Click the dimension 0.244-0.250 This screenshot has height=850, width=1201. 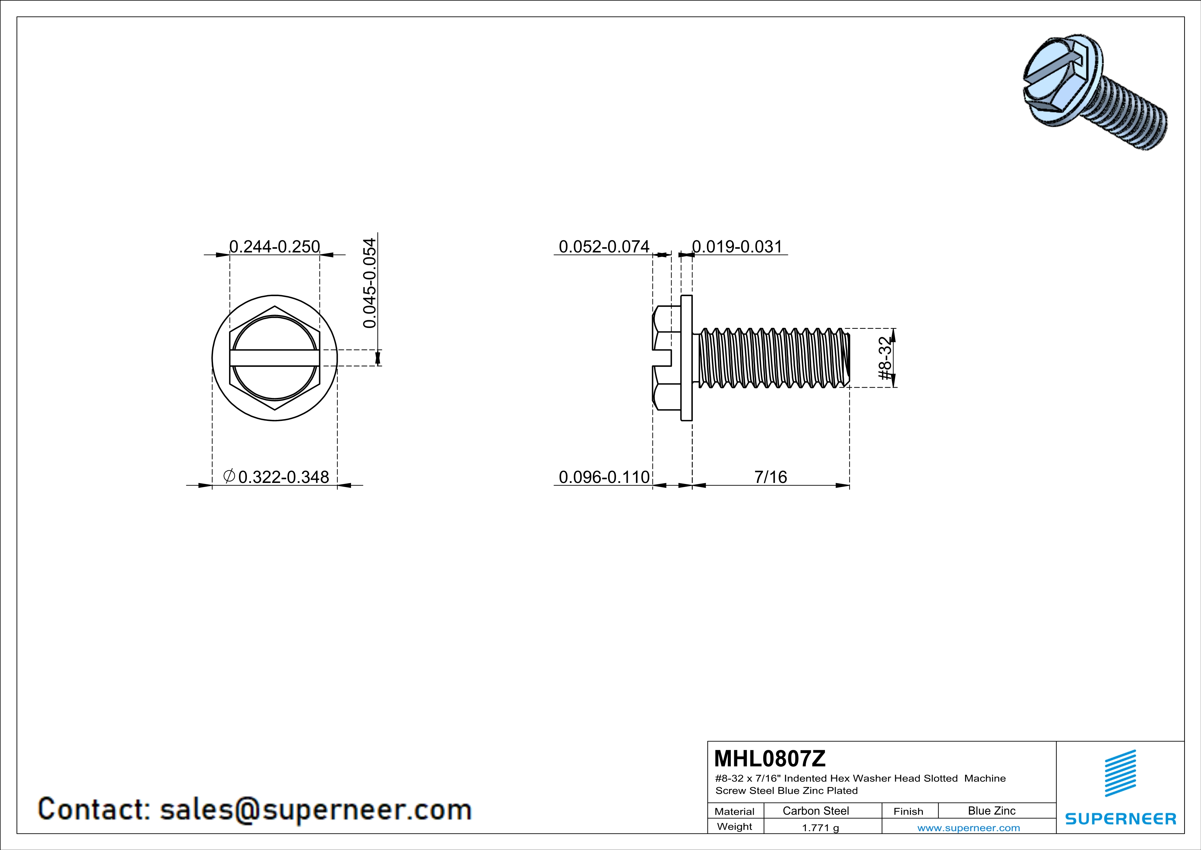click(275, 246)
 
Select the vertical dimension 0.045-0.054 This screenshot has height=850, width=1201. click(369, 283)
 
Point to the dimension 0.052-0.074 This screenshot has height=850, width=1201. click(604, 246)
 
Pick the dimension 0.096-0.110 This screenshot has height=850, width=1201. click(604, 477)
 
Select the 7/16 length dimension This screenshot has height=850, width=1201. click(771, 477)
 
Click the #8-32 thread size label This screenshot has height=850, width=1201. click(884, 358)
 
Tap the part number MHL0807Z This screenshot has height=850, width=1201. click(770, 758)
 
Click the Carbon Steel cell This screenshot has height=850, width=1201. click(815, 811)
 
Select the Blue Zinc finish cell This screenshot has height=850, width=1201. click(992, 811)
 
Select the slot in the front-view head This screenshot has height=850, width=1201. click(275, 358)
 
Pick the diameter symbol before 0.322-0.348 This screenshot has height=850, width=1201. click(228, 476)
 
